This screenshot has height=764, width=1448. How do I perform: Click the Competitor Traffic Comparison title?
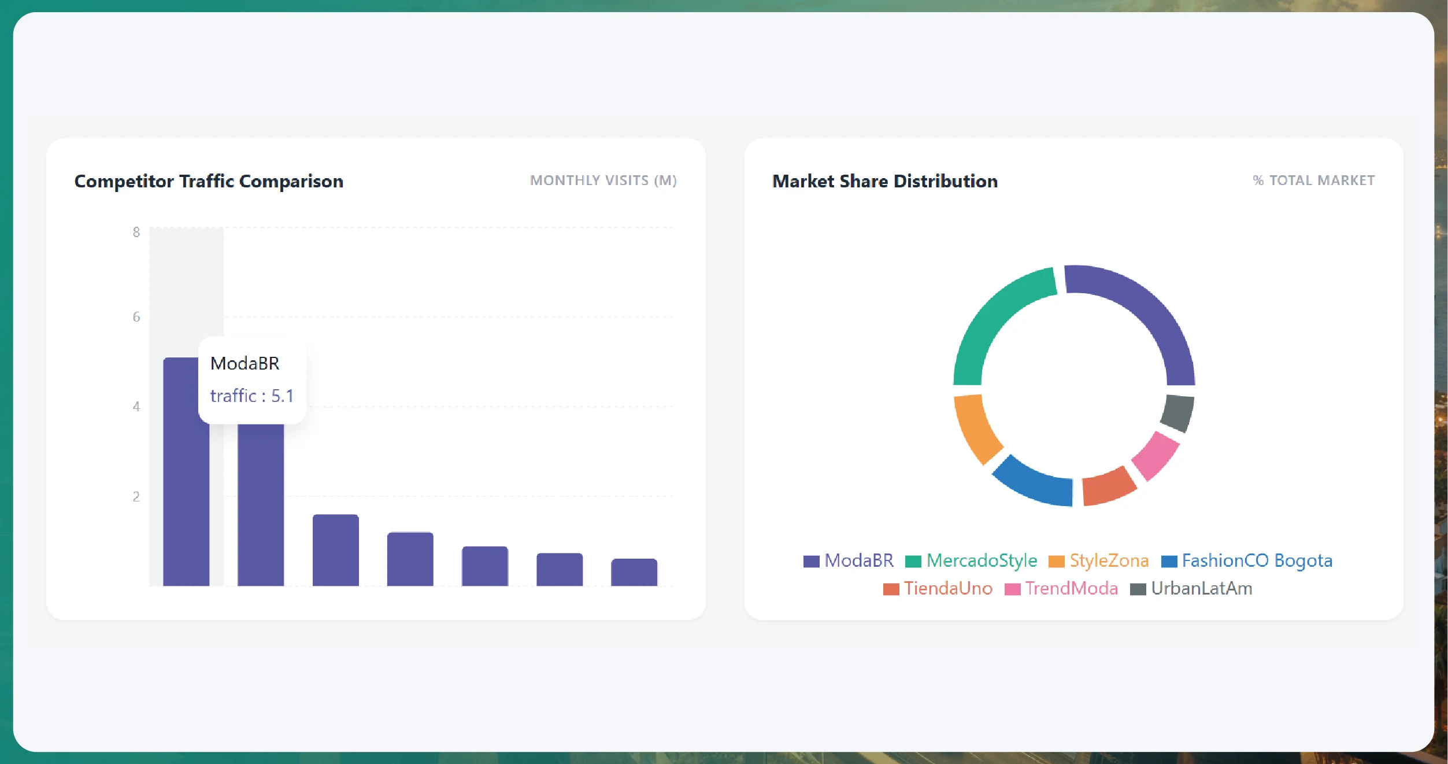pos(209,181)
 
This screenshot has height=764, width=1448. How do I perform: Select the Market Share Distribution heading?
pos(884,181)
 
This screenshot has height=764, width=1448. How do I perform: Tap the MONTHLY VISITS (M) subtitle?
pos(603,180)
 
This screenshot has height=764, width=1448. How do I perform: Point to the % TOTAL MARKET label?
pos(1313,180)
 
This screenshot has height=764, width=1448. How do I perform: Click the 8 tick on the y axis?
pos(136,232)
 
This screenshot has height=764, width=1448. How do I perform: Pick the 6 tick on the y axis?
pos(136,317)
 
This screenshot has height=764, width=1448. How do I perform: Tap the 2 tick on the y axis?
pos(136,496)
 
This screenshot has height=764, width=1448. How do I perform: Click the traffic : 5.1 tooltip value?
pos(251,396)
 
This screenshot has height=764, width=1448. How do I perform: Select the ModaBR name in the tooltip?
pos(245,363)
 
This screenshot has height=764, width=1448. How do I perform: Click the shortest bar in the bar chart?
pos(634,573)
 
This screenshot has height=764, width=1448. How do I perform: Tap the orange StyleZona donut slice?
pos(974,428)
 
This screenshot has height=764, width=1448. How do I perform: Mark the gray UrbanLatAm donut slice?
pos(1177,412)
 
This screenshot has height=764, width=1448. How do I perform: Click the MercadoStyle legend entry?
pos(971,560)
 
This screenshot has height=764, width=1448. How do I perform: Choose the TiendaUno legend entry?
pos(938,588)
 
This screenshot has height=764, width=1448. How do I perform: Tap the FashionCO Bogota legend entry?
pos(1247,560)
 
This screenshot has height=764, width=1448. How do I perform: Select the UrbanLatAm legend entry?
pos(1191,588)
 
